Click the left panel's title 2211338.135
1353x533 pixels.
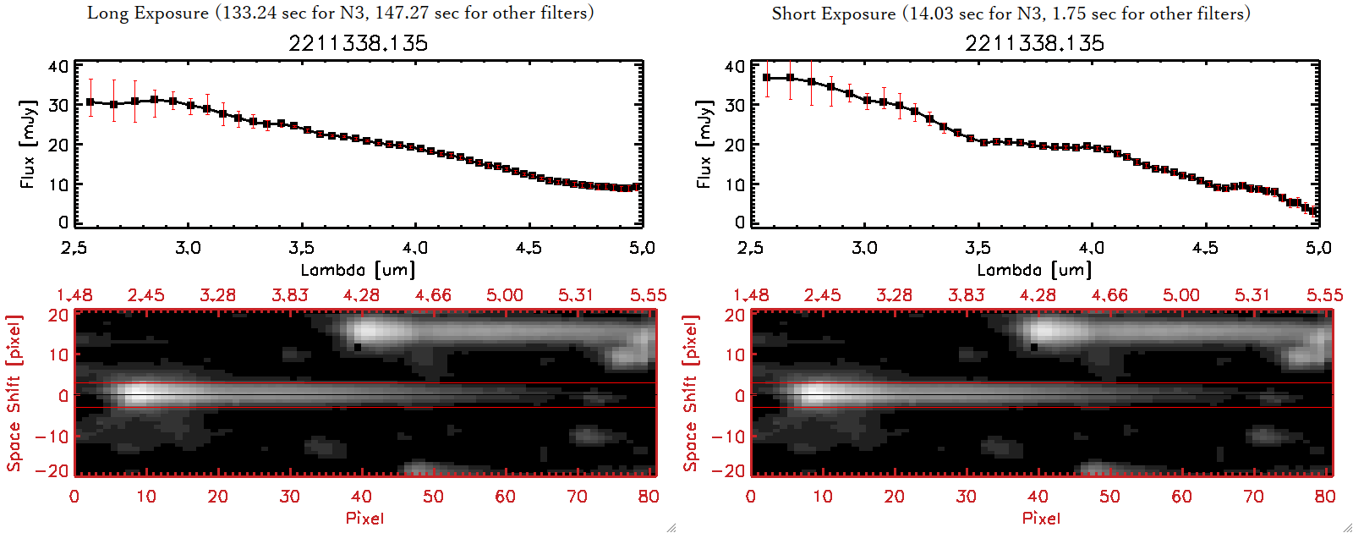coord(358,43)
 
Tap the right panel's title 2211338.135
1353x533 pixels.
coord(1034,43)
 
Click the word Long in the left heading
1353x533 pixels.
coord(107,13)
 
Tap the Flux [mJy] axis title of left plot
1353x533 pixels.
coord(28,144)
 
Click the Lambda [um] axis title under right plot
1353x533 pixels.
coord(1034,270)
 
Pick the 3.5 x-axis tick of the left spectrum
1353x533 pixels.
coord(301,248)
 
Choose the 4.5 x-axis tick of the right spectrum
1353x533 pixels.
coord(1205,248)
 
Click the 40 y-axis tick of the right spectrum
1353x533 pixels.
coord(735,66)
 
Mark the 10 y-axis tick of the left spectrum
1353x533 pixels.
coord(58,184)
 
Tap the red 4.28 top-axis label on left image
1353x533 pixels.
coord(361,295)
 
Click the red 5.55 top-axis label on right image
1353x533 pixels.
coord(1324,295)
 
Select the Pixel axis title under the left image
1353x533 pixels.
coord(364,518)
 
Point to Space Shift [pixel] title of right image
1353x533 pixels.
coord(691,393)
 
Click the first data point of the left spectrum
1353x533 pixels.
coord(90,102)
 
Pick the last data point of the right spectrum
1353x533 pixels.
coord(1314,212)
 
